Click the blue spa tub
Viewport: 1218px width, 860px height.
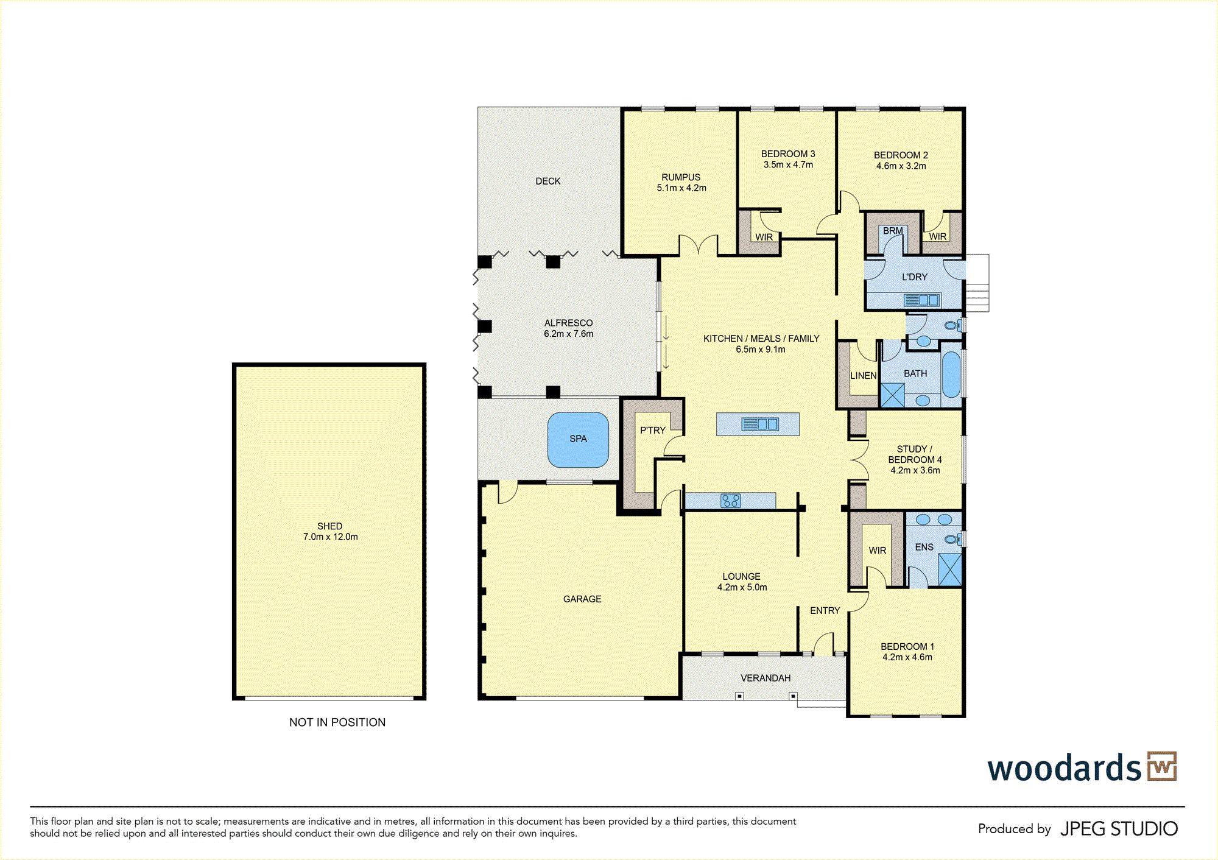point(578,440)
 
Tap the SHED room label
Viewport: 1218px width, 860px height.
point(329,526)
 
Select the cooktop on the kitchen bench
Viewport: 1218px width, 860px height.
point(730,501)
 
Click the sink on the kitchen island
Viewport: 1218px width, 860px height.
point(759,424)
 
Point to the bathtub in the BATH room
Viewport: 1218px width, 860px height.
point(951,374)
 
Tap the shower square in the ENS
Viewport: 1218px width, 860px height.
point(950,569)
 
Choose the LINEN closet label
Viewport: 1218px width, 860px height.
point(864,376)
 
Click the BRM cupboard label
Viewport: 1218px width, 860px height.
point(893,231)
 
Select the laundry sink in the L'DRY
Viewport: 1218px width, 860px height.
point(921,300)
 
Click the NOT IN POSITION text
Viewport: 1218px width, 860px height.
point(337,722)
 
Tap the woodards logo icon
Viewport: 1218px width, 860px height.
point(1162,766)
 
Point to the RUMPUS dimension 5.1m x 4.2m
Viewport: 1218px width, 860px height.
point(681,188)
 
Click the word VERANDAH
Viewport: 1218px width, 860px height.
point(766,678)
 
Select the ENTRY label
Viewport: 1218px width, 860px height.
point(825,610)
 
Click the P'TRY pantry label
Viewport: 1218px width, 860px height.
point(653,430)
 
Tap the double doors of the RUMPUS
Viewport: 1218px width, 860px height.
point(699,245)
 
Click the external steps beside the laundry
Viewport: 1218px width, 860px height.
point(977,283)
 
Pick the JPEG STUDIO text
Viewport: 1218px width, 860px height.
point(1119,829)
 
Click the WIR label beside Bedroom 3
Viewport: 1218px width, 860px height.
point(764,237)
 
